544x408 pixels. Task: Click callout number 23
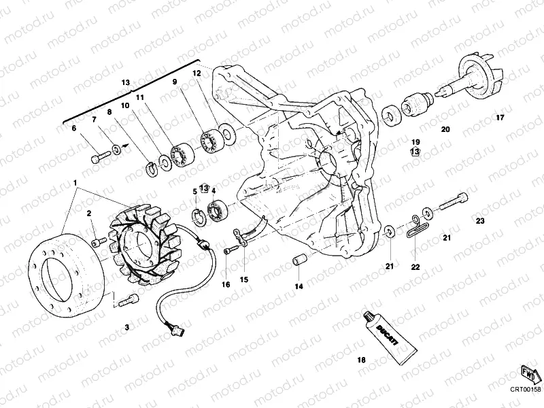click(x=480, y=221)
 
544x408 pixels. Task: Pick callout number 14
click(x=299, y=286)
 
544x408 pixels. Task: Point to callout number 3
click(x=126, y=327)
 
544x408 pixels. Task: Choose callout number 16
click(x=226, y=284)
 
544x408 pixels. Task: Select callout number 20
click(x=445, y=129)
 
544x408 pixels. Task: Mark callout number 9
click(x=174, y=82)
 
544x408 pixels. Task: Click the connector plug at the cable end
click(x=178, y=330)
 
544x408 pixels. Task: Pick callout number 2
click(x=88, y=214)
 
